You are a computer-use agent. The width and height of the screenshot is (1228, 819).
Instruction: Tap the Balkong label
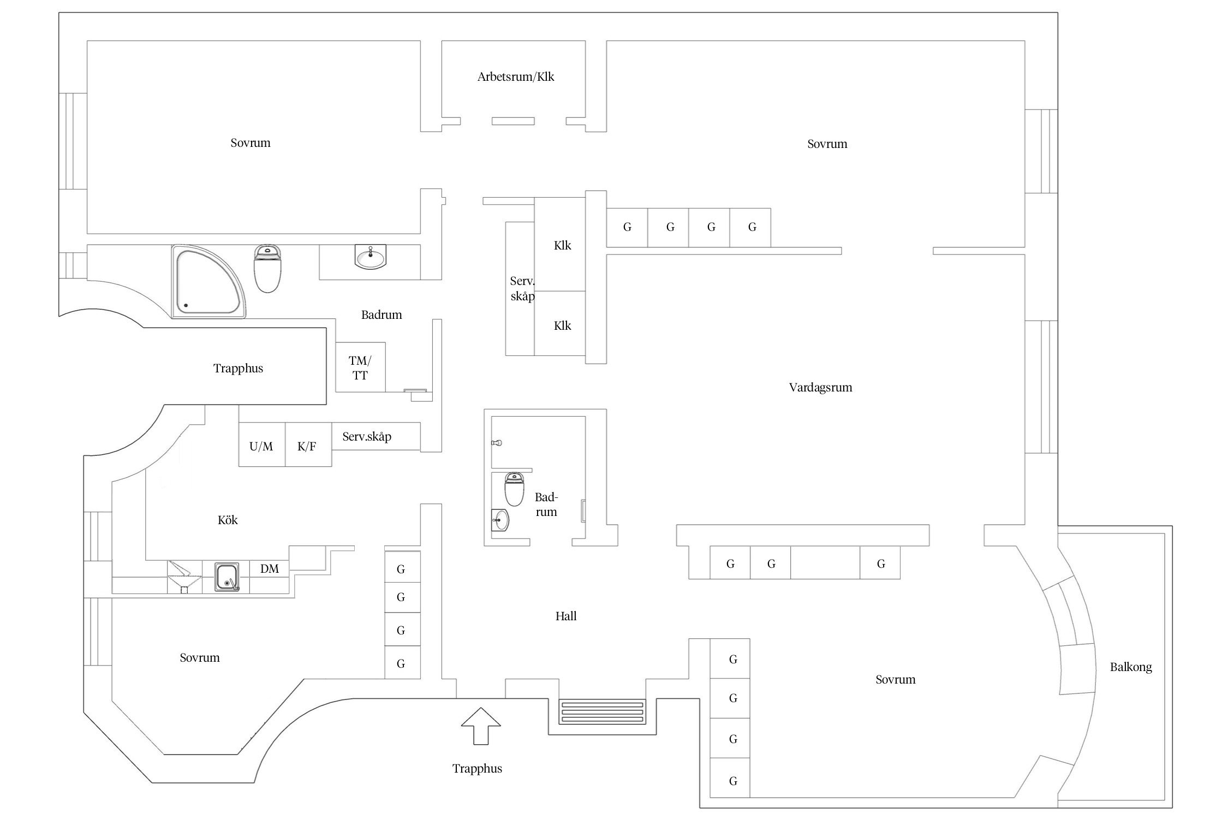[1130, 667]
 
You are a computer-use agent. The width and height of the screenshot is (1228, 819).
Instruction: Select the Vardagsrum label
[820, 388]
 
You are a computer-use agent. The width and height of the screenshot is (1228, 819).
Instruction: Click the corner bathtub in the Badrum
[208, 282]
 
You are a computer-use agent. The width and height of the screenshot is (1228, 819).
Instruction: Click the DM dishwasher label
[269, 569]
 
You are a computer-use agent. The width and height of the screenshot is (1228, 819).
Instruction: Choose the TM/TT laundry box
[360, 367]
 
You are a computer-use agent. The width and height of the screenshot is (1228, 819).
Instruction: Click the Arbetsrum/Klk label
[515, 77]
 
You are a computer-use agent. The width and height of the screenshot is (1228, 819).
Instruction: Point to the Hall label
[566, 616]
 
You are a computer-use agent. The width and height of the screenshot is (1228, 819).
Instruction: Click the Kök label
[228, 520]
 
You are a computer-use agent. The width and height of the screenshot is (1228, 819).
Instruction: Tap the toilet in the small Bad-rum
[514, 489]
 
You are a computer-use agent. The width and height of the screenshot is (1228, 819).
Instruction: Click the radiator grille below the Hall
[603, 712]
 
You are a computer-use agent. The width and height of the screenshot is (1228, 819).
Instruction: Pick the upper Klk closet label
[562, 246]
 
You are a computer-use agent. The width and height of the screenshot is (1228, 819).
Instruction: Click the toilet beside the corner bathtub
[267, 268]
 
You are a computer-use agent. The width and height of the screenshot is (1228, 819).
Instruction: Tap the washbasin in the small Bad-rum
[500, 520]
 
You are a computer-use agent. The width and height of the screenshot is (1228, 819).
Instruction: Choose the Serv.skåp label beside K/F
[367, 437]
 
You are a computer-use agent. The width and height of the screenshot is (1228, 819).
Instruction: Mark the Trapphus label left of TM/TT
[238, 369]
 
